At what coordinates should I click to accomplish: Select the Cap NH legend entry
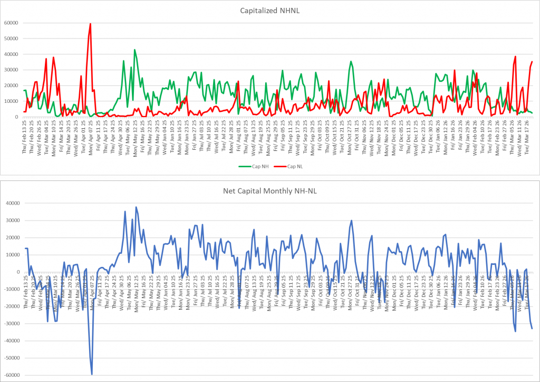252,166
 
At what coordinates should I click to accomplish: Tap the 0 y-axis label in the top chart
17,117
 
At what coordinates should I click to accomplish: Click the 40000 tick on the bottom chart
11,203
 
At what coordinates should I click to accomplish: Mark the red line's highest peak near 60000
91,24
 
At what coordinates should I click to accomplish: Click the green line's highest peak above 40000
134,50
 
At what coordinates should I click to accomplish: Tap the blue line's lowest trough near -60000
92,374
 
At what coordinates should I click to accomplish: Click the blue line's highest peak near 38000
136,207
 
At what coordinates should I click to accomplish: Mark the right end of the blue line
532,329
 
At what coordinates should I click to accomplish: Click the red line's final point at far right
532,62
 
